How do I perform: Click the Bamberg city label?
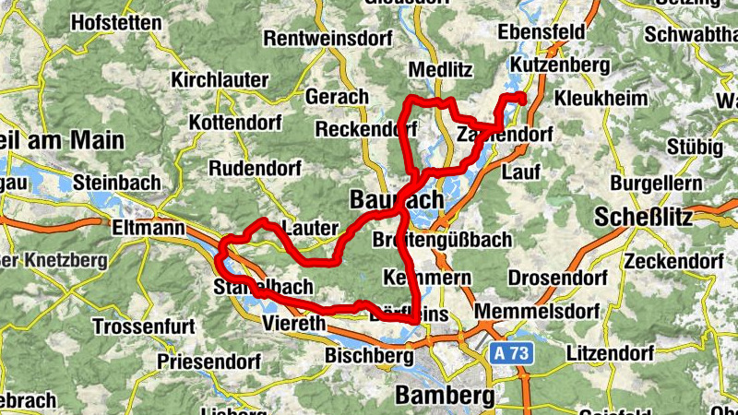click(x=445, y=396)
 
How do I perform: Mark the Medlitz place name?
click(x=439, y=70)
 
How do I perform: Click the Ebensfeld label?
click(x=542, y=32)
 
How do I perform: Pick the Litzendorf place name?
click(x=610, y=353)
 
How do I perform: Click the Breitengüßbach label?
click(x=444, y=240)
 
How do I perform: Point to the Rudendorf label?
click(x=250, y=169)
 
